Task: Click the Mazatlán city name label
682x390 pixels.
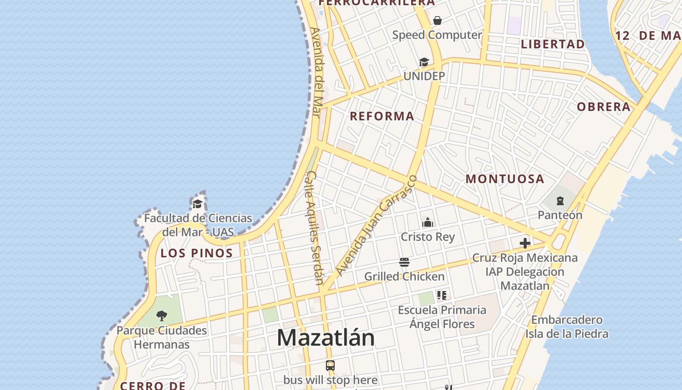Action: click(326, 338)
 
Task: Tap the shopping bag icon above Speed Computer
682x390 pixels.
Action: click(437, 20)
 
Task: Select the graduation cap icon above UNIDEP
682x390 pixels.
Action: click(424, 62)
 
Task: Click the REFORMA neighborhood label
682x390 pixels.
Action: click(382, 116)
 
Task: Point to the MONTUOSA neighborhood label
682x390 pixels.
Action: click(505, 179)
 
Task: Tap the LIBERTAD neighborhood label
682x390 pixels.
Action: click(553, 44)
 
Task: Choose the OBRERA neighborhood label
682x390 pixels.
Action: click(604, 107)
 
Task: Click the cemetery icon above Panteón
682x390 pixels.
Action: click(560, 201)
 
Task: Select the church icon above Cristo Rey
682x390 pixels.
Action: click(428, 223)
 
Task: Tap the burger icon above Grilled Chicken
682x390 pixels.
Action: click(404, 262)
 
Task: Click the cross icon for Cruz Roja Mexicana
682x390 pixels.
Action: click(525, 243)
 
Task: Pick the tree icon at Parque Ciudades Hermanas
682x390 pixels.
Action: click(162, 316)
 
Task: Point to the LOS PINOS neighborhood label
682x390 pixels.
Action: click(197, 253)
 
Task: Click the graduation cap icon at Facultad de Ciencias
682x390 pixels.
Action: click(197, 204)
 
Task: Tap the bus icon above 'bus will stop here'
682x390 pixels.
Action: click(330, 366)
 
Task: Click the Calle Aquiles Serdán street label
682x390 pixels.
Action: click(316, 227)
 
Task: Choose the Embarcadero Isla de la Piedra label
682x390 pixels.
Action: click(567, 327)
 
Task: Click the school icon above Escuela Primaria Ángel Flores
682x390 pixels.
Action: click(442, 295)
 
